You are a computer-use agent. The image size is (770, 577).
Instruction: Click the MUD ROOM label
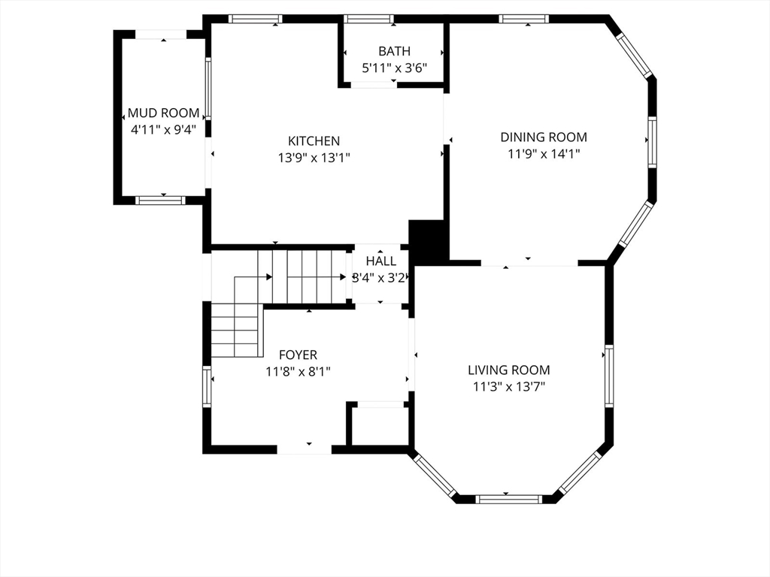(163, 113)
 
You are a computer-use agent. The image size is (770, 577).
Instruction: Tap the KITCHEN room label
(314, 141)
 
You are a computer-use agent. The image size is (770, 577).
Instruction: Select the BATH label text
(394, 51)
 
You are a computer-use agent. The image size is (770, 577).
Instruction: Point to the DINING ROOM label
(544, 137)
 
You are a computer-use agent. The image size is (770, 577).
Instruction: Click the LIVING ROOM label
(509, 370)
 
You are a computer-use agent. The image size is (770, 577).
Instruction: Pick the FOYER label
(298, 355)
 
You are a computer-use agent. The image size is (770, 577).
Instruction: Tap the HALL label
(380, 261)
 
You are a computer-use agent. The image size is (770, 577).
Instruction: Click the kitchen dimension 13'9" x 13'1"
(314, 158)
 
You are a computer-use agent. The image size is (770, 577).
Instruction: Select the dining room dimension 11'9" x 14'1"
(544, 154)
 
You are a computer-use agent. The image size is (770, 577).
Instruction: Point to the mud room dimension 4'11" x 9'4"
(163, 129)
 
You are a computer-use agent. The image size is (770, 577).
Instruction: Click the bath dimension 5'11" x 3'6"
(394, 68)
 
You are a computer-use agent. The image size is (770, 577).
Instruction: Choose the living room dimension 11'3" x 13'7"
(509, 387)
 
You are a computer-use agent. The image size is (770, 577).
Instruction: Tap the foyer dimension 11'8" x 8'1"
(298, 372)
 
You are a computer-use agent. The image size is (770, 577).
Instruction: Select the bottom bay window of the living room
(509, 500)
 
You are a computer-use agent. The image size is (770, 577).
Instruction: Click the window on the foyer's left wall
(207, 386)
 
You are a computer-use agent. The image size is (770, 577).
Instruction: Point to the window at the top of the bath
(368, 19)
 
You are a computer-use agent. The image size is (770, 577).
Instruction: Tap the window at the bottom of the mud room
(160, 200)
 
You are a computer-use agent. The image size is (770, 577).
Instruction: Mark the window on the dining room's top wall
(524, 19)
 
